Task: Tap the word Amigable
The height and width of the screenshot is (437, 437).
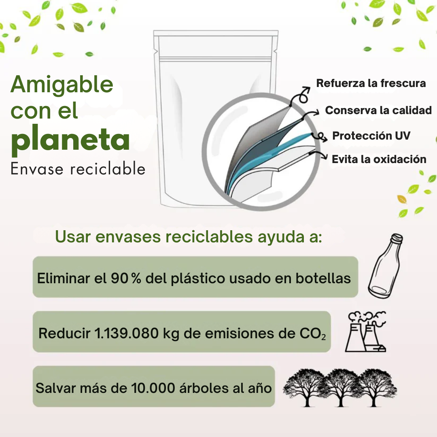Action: (62, 85)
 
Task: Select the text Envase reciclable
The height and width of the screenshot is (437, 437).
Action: (78, 169)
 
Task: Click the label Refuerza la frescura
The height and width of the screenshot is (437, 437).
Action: (371, 83)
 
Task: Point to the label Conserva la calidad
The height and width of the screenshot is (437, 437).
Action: (378, 110)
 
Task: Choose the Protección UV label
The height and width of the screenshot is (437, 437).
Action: (371, 136)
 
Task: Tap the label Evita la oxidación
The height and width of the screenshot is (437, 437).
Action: (379, 159)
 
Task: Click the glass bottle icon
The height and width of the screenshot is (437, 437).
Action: (386, 266)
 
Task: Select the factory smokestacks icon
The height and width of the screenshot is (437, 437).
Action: (366, 332)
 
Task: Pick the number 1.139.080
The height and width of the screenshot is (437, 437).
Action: (127, 333)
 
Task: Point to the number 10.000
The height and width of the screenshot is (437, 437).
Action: (153, 388)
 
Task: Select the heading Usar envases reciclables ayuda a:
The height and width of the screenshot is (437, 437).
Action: (189, 237)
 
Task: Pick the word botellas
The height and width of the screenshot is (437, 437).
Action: (323, 278)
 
